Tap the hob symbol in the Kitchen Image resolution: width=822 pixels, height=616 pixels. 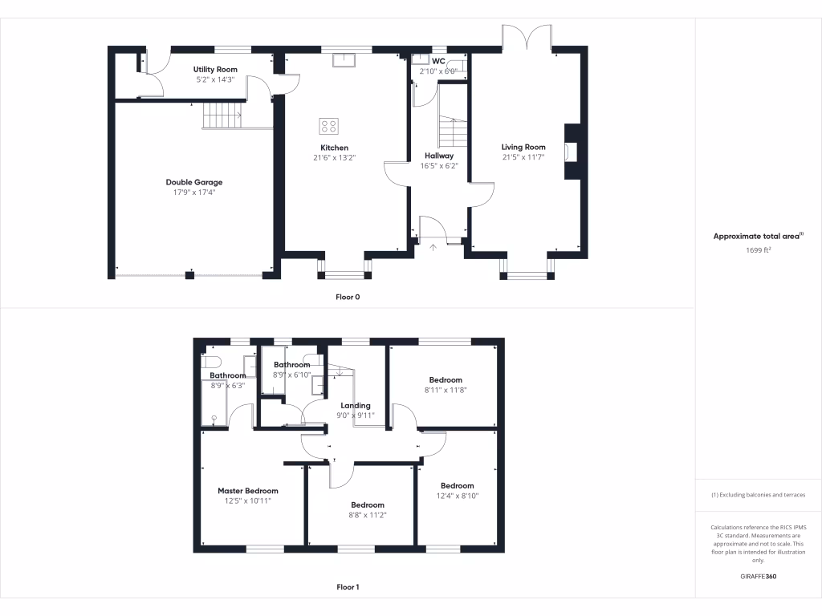(328, 126)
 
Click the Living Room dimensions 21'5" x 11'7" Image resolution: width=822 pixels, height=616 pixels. (523, 157)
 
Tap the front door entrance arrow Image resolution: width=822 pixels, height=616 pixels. (433, 246)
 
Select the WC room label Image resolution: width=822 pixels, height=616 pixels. (438, 61)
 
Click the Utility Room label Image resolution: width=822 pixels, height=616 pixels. (215, 70)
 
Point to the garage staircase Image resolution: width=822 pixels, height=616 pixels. (222, 115)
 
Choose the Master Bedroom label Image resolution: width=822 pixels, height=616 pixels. (248, 491)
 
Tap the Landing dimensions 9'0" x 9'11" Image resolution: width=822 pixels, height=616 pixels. (355, 415)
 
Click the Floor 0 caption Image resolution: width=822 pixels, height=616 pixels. (348, 297)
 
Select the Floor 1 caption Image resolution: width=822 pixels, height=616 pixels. (348, 587)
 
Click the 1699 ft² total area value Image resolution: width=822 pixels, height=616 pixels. (759, 250)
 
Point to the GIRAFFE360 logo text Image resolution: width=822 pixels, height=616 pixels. (759, 577)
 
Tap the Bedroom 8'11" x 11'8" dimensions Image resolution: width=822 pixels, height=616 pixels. (445, 390)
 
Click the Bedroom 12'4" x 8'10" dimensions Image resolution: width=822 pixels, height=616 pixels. (457, 496)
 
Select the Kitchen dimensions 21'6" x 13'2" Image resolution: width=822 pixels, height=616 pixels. (334, 158)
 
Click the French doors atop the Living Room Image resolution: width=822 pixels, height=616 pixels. (527, 36)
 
